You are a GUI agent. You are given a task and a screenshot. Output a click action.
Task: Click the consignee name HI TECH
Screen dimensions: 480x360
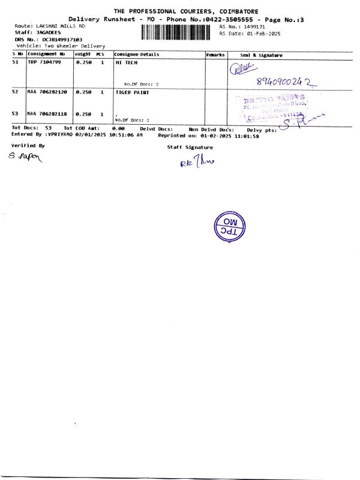[124, 62]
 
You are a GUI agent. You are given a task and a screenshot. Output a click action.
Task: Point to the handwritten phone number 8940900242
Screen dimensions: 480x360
[286, 82]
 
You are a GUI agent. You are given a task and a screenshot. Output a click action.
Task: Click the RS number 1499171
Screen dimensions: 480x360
[251, 27]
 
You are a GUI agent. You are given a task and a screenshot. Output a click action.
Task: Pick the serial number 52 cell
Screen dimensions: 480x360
[16, 92]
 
